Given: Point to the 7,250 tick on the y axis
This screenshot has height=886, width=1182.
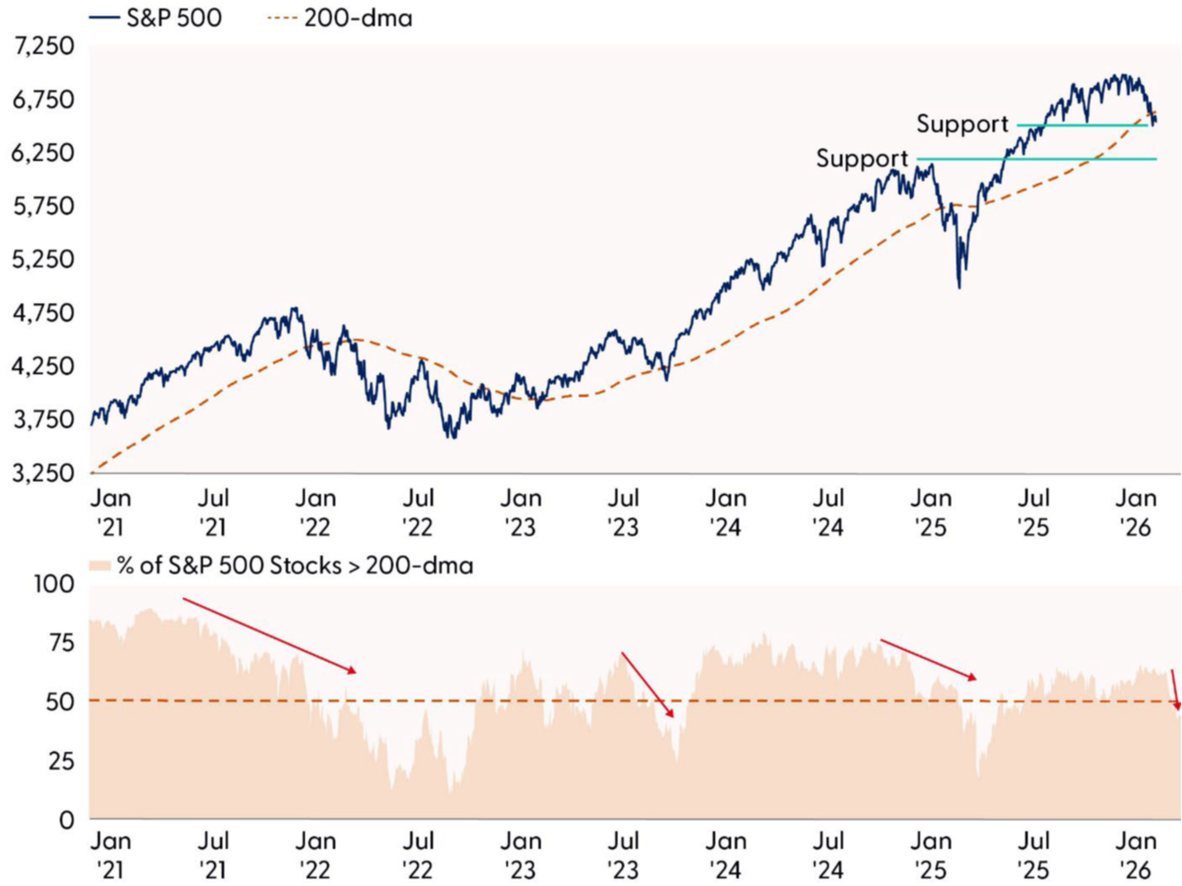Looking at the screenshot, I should [44, 46].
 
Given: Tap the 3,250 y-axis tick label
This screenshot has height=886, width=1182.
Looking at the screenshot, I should [44, 472].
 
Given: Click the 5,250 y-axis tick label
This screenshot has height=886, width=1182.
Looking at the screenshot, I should [44, 259].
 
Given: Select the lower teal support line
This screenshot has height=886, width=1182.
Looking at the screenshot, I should [1036, 158].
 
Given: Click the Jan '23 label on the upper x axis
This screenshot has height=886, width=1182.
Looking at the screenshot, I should [521, 512].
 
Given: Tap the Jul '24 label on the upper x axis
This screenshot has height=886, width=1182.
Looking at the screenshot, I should [828, 512].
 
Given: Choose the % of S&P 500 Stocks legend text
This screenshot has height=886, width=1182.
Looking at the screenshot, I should [295, 565].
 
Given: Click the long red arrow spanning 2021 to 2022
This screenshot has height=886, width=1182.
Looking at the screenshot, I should [270, 636].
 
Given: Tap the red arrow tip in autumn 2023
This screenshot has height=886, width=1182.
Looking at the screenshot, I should [671, 715].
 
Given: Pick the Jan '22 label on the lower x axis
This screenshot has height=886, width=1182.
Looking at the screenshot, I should [316, 855].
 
